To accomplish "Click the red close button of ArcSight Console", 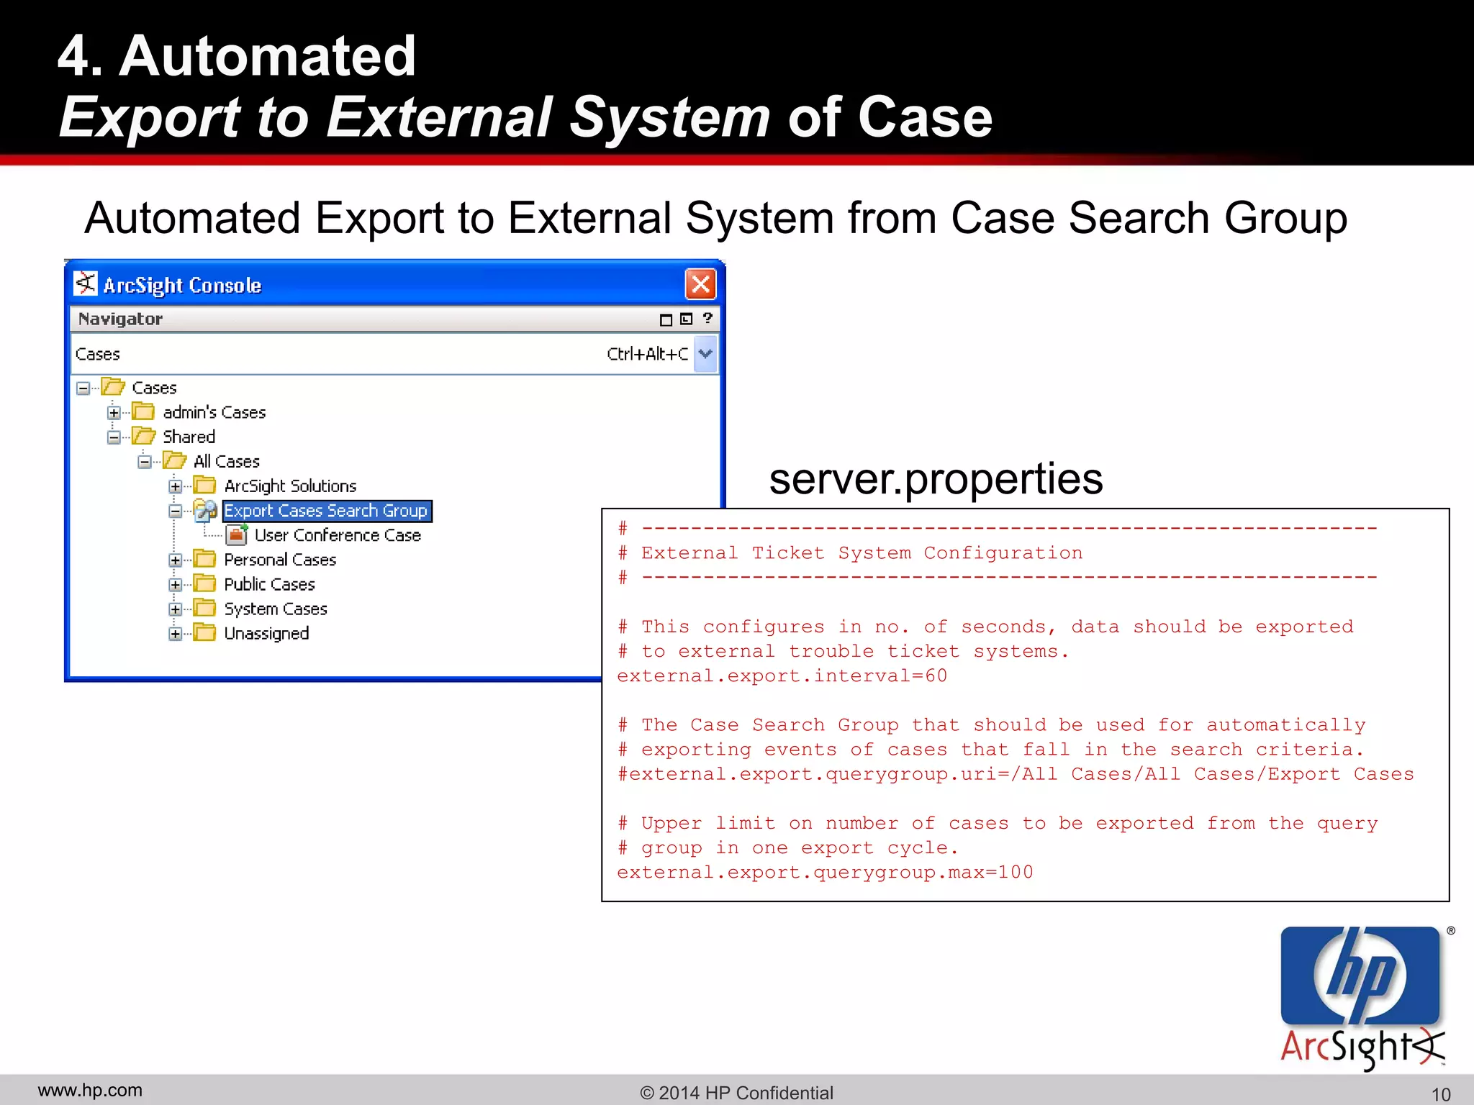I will coord(700,284).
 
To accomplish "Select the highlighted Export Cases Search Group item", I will coord(326,511).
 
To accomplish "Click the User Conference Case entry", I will coord(338,535).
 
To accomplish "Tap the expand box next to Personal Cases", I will coord(175,560).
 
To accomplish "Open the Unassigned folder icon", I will coord(205,633).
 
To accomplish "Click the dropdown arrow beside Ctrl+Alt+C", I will coord(705,354).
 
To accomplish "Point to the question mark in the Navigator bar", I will coord(707,319).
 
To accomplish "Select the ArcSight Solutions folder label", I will coord(290,486).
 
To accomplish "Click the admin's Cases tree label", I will coord(214,412).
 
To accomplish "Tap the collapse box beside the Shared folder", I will coord(114,437).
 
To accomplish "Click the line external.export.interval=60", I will coord(782,676).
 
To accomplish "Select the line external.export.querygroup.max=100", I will coord(825,873).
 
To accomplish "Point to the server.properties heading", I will coord(936,479).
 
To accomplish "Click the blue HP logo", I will coord(1360,975).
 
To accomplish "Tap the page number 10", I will coord(1440,1094).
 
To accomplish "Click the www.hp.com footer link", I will coord(90,1091).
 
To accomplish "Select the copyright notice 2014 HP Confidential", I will coord(736,1093).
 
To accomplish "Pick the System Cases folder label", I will coord(276,609).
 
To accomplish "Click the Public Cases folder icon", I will coord(205,584).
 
